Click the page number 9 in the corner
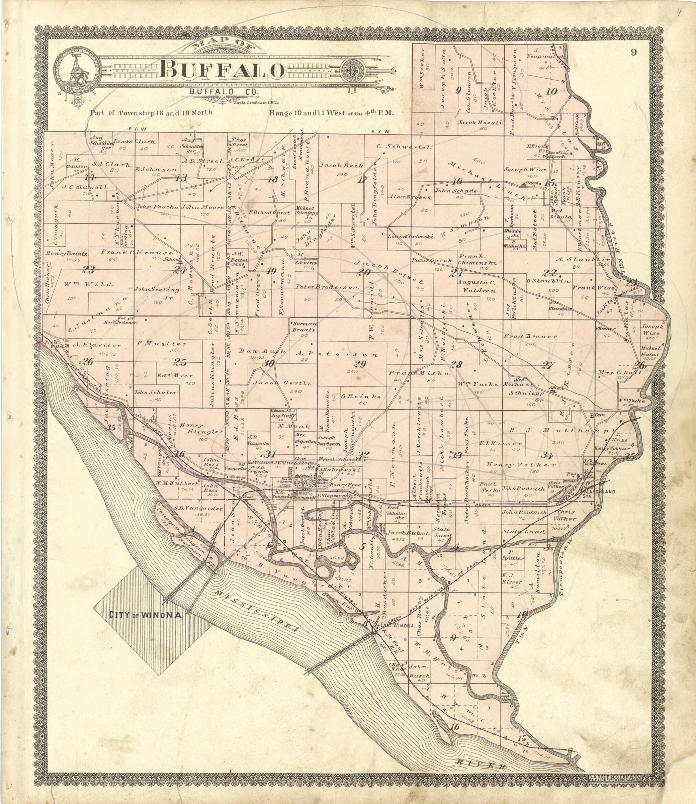click(x=634, y=53)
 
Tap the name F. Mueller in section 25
click(x=162, y=344)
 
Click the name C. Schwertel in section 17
click(x=404, y=147)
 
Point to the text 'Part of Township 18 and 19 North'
click(x=151, y=113)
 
